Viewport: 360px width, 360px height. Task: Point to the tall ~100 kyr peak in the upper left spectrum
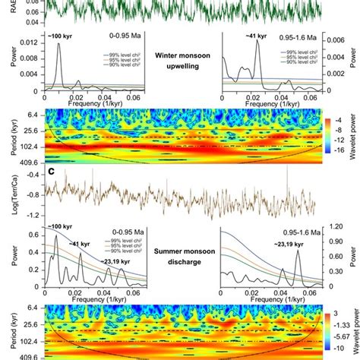58,46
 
